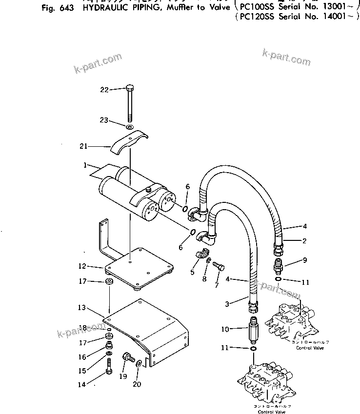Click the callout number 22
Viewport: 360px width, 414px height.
click(x=103, y=89)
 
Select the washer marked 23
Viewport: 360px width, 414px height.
click(x=130, y=127)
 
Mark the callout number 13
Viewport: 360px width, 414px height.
click(x=81, y=308)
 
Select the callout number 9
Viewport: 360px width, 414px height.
click(x=304, y=260)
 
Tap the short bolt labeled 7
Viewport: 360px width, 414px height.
click(x=219, y=265)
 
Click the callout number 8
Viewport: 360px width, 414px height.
click(x=204, y=279)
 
